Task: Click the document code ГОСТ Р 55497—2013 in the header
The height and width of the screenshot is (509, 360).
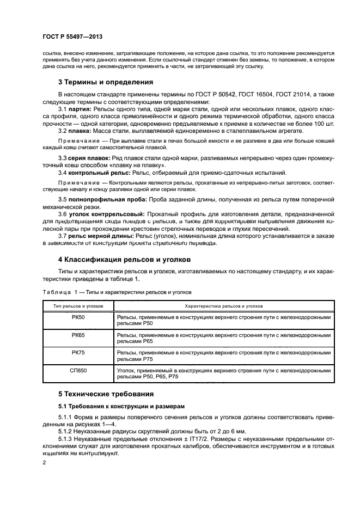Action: [72, 36]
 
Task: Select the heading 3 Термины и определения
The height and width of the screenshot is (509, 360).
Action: [106, 83]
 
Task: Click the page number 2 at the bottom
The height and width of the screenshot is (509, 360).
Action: [45, 463]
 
